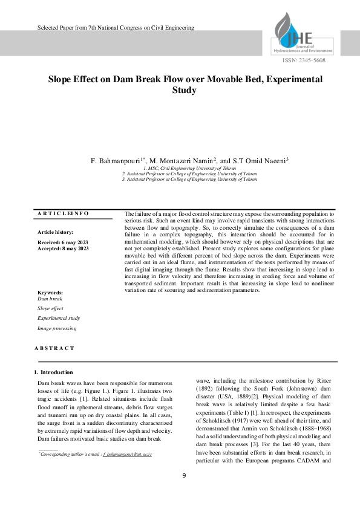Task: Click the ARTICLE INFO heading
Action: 63,213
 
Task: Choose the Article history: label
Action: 56,232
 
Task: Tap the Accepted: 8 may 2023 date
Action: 64,248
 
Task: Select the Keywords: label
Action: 50,293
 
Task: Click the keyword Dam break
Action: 50,299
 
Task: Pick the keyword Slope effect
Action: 50,308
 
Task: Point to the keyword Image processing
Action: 57,328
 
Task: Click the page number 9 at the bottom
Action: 184,475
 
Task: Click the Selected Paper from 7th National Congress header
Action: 116,28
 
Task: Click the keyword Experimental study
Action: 59,318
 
